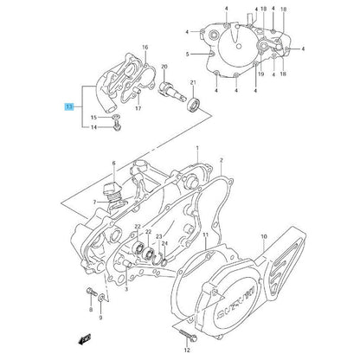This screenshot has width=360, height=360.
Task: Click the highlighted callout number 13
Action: (x=68, y=107)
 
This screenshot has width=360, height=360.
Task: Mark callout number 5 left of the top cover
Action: (x=186, y=53)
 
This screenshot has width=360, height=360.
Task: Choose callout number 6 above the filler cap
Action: (x=112, y=162)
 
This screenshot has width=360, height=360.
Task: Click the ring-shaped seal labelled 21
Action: (x=192, y=106)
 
